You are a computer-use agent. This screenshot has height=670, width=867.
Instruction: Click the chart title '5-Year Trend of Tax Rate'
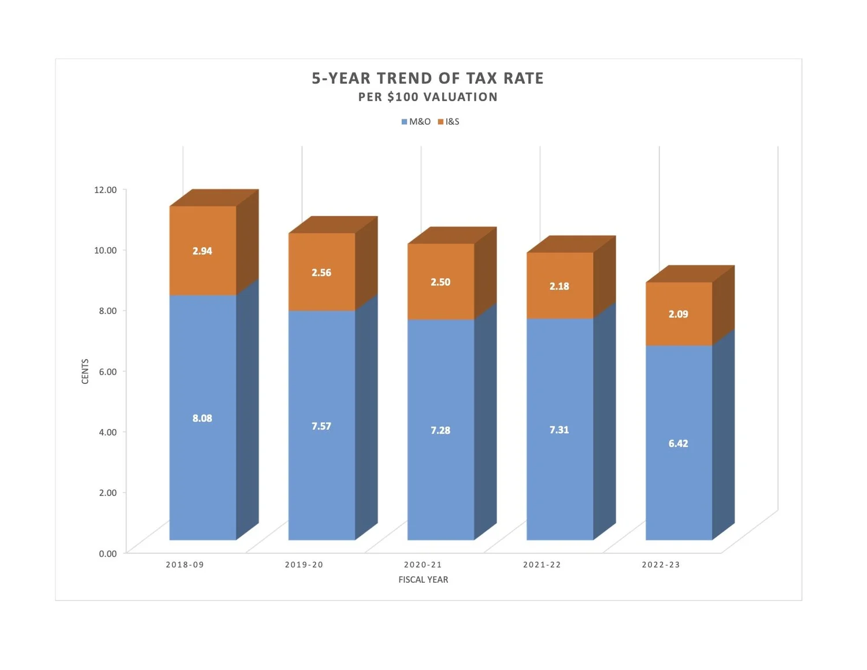coord(428,78)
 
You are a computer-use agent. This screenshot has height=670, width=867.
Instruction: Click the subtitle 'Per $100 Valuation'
coord(428,97)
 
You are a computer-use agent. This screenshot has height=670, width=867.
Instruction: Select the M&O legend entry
coord(416,122)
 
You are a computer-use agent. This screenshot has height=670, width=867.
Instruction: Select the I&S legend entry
coord(449,122)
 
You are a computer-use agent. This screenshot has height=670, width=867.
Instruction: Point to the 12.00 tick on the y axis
coord(105,190)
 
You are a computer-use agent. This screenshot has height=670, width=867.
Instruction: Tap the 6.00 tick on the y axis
coord(108,372)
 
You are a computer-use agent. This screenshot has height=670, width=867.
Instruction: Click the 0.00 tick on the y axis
coord(108,554)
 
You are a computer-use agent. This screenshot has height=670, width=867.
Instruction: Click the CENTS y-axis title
coord(86,371)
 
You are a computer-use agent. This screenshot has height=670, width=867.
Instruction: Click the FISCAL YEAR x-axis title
coord(423,580)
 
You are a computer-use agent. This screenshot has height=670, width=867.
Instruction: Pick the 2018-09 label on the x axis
coord(185,565)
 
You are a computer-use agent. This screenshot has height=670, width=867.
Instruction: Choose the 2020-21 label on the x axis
coord(423,565)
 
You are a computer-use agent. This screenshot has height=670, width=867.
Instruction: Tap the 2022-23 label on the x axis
coord(661,565)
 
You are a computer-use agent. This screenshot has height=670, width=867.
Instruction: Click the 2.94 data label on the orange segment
coord(202,251)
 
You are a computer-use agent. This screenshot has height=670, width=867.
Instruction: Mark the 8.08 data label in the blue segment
coord(202,418)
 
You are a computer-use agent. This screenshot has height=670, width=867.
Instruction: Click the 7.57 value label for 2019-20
coord(321,426)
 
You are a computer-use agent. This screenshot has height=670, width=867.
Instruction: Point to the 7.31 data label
coord(559,430)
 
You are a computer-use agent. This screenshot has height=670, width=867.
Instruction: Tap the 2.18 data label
coord(559,286)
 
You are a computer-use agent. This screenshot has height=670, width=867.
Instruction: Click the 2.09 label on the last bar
coord(678,314)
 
